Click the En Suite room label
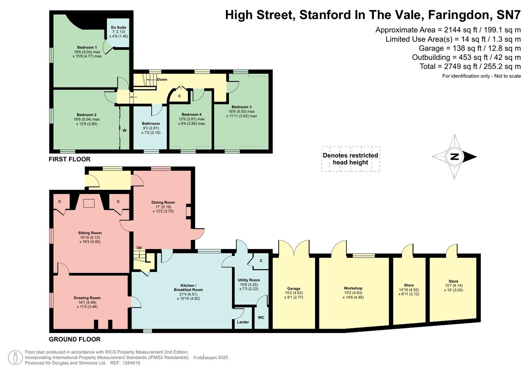[x=119, y=27]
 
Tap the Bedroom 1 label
[x=87, y=47]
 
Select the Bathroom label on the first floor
[x=151, y=124]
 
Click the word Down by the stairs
[x=162, y=80]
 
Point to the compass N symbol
[x=454, y=157]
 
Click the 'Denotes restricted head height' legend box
[x=350, y=159]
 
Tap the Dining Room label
[x=163, y=202]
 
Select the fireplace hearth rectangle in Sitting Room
[x=89, y=203]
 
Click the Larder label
[x=243, y=322]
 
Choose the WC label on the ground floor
[x=261, y=318]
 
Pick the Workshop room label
[x=353, y=288]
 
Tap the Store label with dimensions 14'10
[x=409, y=285]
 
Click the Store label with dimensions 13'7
[x=453, y=281]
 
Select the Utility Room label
[x=249, y=280]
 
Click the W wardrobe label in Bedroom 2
[x=124, y=131]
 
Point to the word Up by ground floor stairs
[x=139, y=248]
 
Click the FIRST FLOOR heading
[x=69, y=159]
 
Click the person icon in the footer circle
[x=16, y=358]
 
